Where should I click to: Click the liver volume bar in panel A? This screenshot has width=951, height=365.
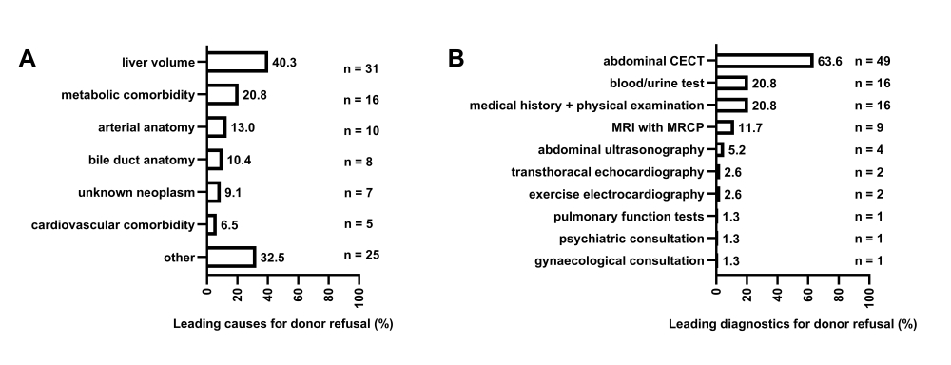click(237, 62)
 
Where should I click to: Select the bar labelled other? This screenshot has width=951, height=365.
click(231, 257)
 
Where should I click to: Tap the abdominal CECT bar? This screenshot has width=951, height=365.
click(765, 61)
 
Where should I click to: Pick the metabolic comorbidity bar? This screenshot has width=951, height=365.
click(223, 94)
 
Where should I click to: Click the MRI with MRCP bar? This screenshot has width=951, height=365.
click(725, 126)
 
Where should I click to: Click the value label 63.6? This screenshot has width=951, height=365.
click(830, 61)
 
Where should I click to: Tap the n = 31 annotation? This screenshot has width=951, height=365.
click(361, 68)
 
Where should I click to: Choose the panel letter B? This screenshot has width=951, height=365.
click(456, 59)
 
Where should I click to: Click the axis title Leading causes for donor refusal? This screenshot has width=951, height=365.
click(282, 324)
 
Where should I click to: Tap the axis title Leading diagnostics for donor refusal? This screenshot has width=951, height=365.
click(792, 324)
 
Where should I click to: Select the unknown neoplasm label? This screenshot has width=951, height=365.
click(144, 192)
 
